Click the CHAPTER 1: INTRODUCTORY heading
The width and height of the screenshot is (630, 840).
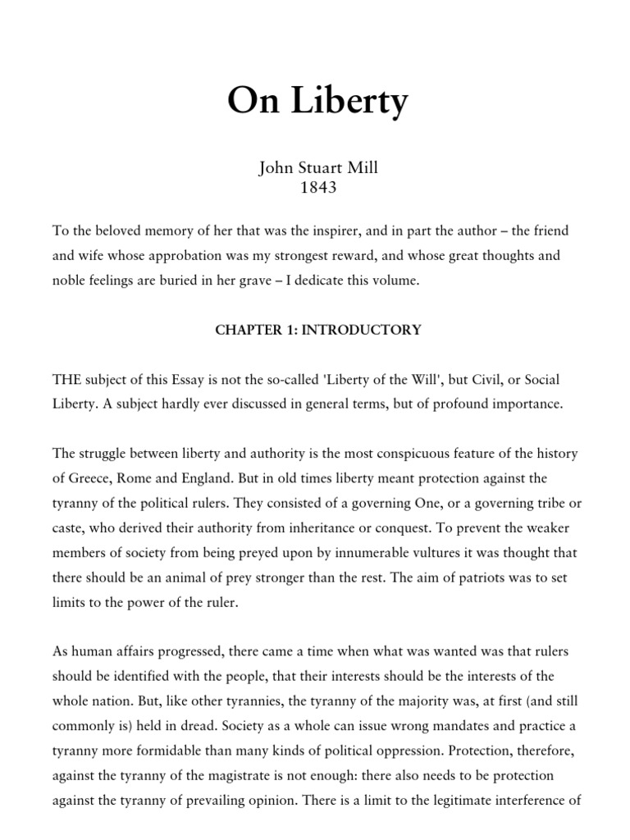click(x=318, y=330)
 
